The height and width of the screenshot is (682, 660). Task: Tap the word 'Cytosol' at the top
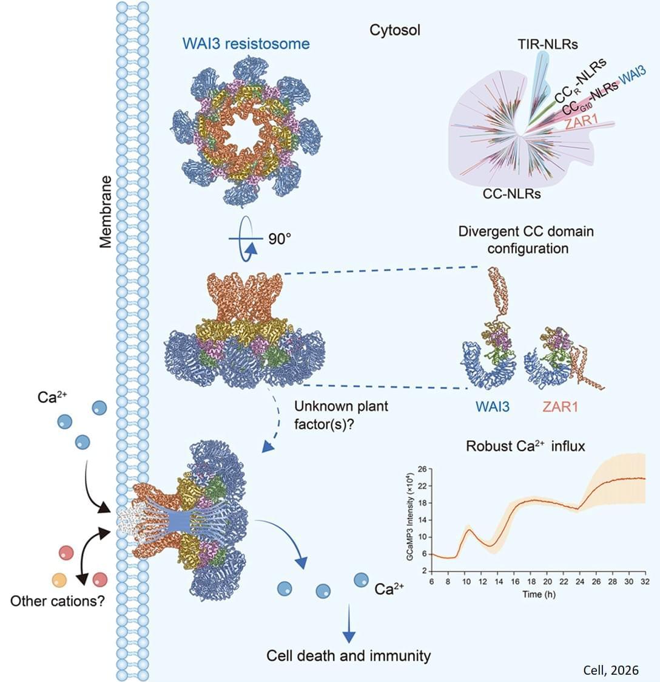[x=395, y=30]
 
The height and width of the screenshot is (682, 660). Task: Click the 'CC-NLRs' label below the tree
[x=512, y=194]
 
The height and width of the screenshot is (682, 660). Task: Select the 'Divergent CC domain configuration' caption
[x=526, y=240]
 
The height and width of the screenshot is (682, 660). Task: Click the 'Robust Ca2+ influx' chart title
[x=525, y=446]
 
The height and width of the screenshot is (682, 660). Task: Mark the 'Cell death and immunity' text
[x=349, y=655]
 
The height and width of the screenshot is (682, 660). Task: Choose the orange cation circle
[x=59, y=579]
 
